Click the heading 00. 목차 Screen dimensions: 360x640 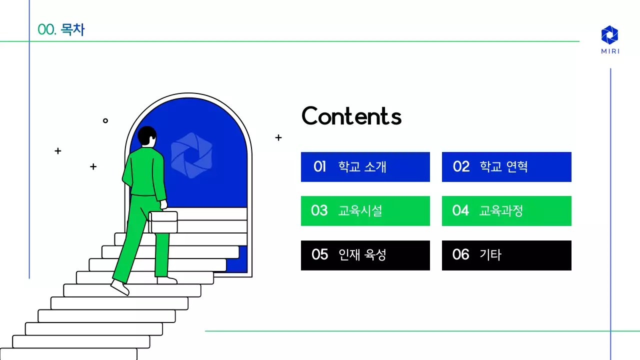[x=61, y=30]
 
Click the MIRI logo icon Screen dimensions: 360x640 [x=609, y=34]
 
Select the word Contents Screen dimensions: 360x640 [x=351, y=116]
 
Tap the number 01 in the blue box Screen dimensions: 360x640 [x=320, y=166]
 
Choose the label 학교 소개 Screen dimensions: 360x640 [x=362, y=166]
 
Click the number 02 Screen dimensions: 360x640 [x=461, y=166]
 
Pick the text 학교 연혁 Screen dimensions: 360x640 [x=503, y=166]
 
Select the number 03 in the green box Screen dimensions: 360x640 [x=319, y=210]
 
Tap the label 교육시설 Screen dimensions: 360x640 [x=360, y=210]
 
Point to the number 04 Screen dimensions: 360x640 [x=460, y=210]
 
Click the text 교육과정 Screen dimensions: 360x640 [x=501, y=210]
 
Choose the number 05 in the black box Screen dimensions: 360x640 [x=319, y=254]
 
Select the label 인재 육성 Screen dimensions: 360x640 [x=362, y=254]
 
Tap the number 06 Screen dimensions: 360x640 [x=460, y=254]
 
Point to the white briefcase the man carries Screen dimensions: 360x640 [x=163, y=222]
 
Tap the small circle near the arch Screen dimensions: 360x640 [x=105, y=120]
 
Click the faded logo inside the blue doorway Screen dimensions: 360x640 [x=191, y=155]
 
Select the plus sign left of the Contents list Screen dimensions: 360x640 [x=278, y=137]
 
